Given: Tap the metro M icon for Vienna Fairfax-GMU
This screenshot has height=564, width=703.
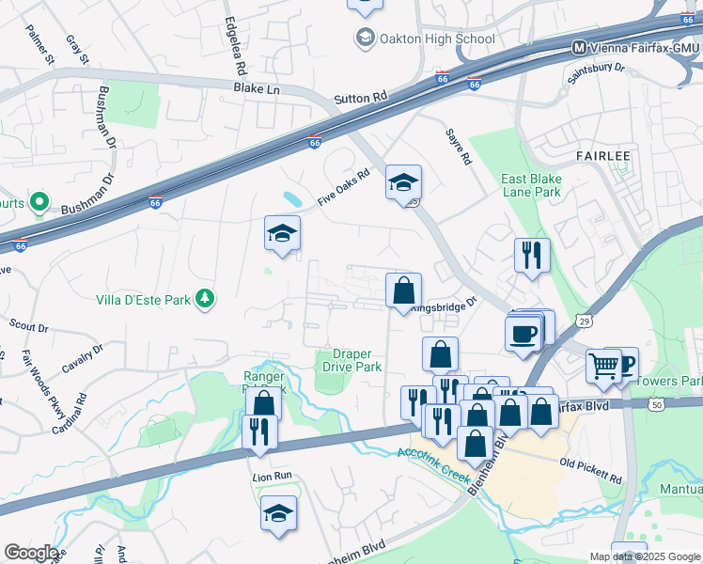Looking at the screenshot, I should (580, 47).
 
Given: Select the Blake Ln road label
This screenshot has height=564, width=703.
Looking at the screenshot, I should (257, 87).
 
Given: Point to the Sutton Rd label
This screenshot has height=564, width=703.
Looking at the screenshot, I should (361, 98).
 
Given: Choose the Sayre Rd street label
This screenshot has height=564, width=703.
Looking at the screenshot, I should (458, 147).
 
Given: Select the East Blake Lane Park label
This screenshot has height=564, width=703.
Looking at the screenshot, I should (531, 185).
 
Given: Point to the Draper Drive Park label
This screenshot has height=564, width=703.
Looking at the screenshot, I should (352, 361).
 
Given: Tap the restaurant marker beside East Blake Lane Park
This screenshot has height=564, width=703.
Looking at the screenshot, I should (532, 255).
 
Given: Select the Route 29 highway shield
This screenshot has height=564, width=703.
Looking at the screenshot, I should (583, 321).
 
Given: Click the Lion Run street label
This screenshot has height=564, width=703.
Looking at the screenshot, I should (273, 478).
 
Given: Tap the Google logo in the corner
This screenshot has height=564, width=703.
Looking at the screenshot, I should (31, 553).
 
